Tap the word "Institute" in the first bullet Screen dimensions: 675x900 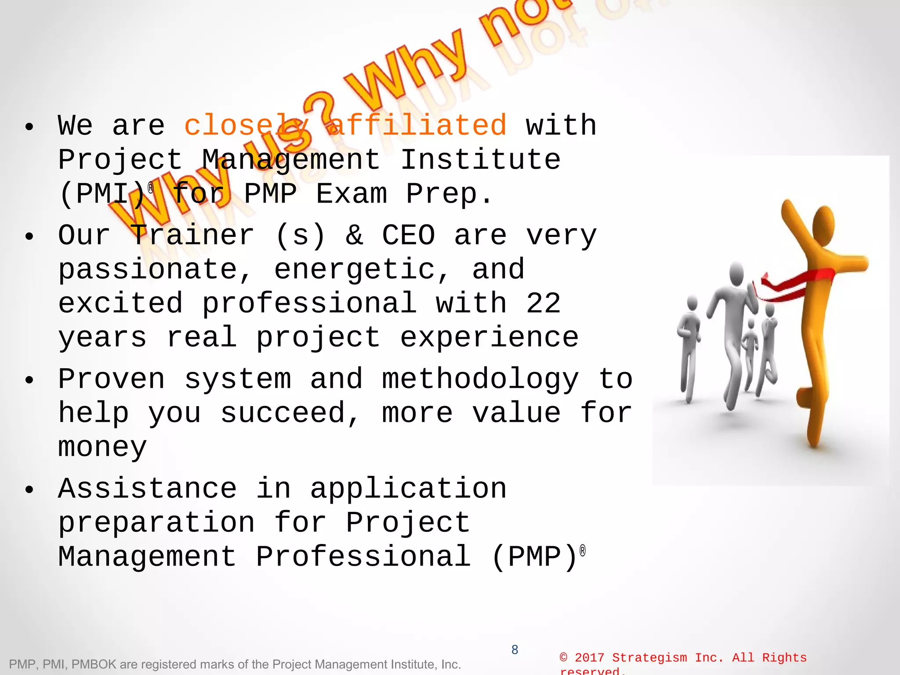(481, 159)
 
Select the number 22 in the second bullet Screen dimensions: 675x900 (543, 303)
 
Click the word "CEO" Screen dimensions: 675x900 (408, 235)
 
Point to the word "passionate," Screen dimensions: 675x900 (155, 269)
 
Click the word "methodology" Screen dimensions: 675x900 (480, 379)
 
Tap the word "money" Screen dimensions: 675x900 (102, 447)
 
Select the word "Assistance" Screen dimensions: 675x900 (148, 488)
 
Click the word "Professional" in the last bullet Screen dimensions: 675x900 (363, 556)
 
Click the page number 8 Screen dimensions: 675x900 (515, 650)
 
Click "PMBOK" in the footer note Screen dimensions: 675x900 (94, 664)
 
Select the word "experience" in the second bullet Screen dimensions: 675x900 (489, 337)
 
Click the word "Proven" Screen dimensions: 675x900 (112, 379)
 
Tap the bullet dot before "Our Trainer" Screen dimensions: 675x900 (29, 236)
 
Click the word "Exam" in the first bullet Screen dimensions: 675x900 (352, 194)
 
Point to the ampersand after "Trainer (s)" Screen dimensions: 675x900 (354, 235)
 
